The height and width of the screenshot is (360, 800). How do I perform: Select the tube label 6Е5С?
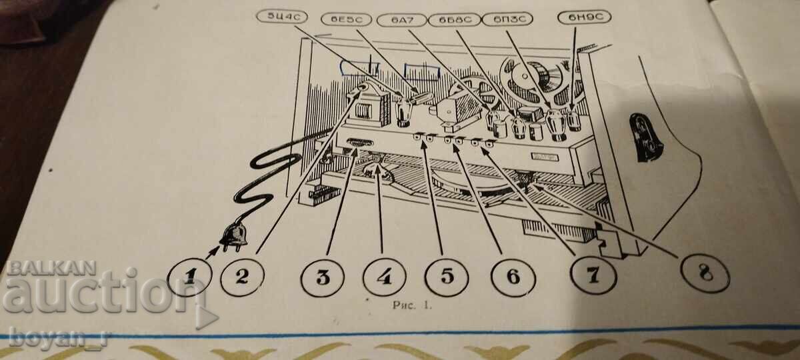346,19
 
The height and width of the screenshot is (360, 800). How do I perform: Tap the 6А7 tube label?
402,20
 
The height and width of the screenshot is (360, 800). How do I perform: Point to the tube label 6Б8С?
455,19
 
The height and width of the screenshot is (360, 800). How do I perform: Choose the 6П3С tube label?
507,19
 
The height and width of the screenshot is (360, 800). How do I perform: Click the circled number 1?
189,277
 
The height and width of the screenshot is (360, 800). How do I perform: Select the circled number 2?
242,277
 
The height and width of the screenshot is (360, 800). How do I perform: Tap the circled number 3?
323,277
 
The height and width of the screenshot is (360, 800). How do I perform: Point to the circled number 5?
447,277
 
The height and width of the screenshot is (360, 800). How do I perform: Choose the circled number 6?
513,277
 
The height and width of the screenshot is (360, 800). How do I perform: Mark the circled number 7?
593,275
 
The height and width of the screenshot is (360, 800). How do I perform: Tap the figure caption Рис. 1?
413,306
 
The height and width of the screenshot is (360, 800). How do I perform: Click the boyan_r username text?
59,337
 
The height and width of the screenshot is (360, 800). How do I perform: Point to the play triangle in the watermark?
207,317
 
